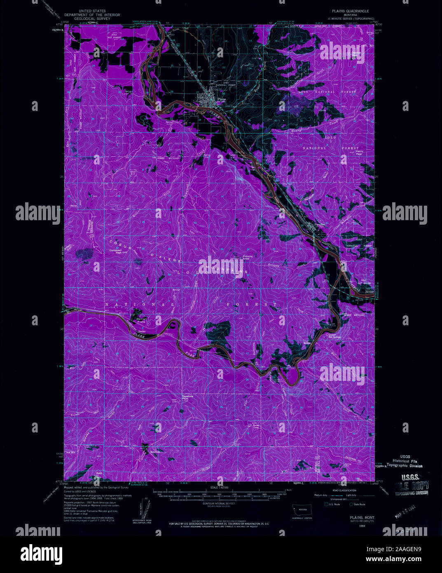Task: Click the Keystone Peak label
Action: (x=187, y=398)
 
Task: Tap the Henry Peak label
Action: (x=360, y=153)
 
